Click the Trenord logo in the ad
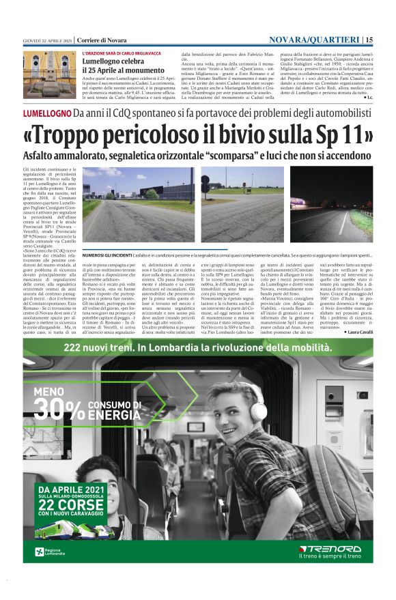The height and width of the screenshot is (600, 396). [330, 547]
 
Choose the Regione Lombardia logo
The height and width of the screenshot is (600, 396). [51, 552]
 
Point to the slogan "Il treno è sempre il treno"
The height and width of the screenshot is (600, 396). [330, 557]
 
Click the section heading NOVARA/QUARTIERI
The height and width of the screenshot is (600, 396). [315, 40]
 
